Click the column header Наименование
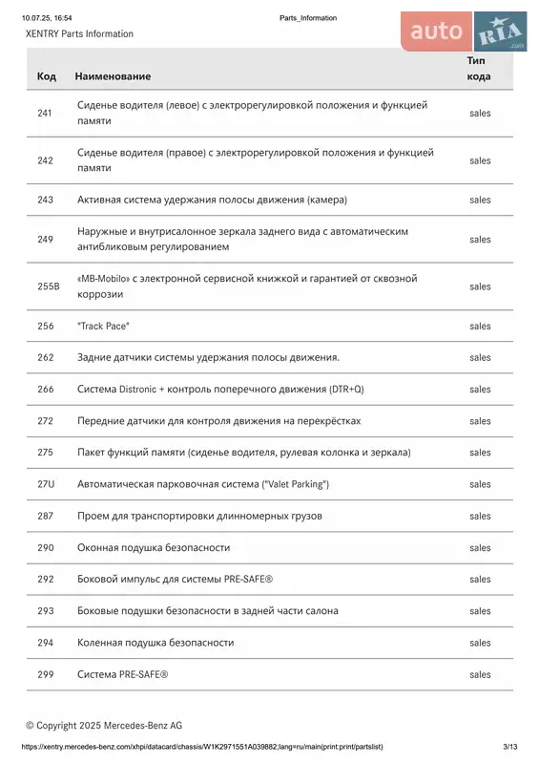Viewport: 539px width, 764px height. (114, 75)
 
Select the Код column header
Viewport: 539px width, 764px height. (46, 75)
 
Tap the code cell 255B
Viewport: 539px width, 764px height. (48, 286)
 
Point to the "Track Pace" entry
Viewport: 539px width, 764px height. (103, 327)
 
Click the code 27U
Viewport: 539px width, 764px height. (46, 484)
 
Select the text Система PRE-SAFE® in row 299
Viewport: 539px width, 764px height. (122, 675)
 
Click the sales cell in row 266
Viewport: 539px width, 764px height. (480, 390)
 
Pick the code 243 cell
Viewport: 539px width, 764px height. (45, 200)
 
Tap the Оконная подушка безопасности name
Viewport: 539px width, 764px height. (154, 548)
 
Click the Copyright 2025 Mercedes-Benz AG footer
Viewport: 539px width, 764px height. (104, 726)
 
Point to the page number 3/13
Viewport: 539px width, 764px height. (509, 747)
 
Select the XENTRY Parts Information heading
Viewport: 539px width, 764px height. (79, 34)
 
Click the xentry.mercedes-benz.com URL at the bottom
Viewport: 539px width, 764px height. (201, 747)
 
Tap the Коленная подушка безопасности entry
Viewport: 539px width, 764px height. (155, 643)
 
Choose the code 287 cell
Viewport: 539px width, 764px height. (45, 516)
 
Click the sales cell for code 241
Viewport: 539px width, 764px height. (480, 113)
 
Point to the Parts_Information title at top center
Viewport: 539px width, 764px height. (308, 18)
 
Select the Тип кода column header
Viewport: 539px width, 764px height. (479, 68)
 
